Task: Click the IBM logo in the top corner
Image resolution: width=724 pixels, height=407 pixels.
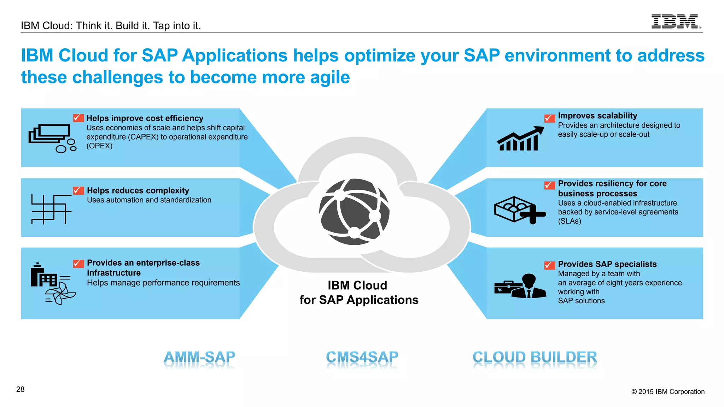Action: [676, 22]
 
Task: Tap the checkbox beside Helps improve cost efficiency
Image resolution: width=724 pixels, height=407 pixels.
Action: [78, 118]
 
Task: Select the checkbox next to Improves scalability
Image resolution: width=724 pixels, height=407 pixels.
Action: [549, 118]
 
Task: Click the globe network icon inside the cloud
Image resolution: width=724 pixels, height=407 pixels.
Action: [354, 212]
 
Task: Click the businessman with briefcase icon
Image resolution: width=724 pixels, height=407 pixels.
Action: [520, 287]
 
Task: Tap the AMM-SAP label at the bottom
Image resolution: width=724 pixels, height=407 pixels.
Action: [199, 357]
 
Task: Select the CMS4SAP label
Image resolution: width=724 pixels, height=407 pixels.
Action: [362, 357]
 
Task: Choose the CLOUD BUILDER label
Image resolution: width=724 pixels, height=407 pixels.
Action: [535, 357]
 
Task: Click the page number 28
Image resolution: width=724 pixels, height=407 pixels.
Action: [21, 389]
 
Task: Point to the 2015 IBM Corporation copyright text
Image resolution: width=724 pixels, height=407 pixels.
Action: [668, 391]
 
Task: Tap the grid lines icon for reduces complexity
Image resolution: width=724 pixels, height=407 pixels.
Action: [51, 209]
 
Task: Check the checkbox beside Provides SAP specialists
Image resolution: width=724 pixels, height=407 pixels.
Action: [549, 265]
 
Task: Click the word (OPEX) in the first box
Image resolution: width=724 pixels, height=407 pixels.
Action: [99, 146]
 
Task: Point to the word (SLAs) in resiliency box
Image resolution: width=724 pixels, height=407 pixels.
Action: [570, 221]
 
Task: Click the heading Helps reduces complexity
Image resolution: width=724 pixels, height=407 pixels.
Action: [138, 190]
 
